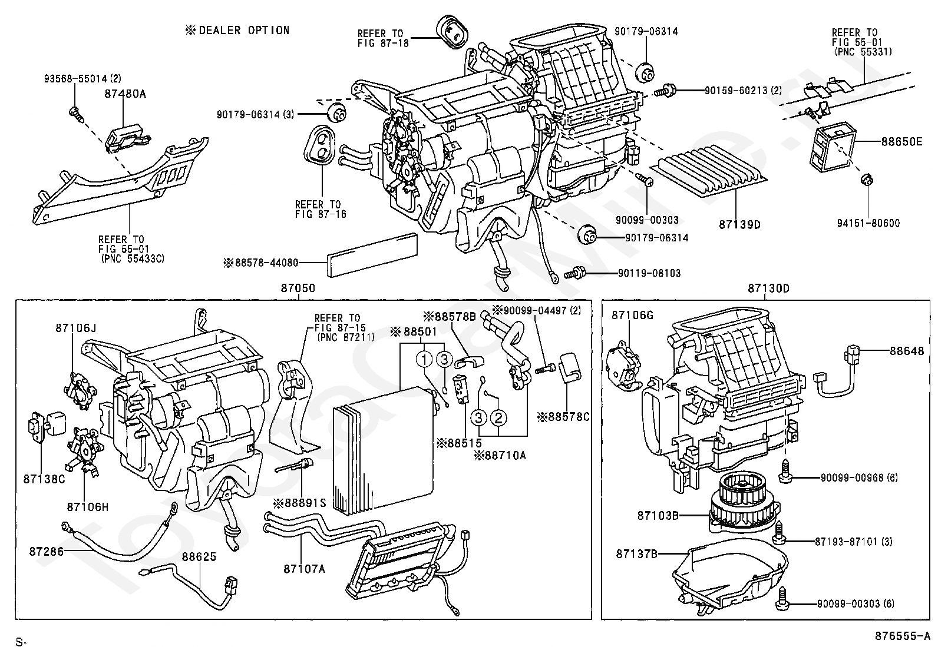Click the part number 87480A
(x=125, y=94)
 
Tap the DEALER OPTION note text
(x=237, y=30)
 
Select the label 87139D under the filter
(x=739, y=225)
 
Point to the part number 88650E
(x=901, y=141)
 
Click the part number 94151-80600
(x=868, y=223)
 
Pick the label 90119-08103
(x=649, y=273)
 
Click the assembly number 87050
(x=298, y=288)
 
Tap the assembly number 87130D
(x=768, y=288)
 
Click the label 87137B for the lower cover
(x=636, y=554)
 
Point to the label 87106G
(x=632, y=315)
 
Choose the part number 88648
(x=907, y=351)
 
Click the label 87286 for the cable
(x=46, y=551)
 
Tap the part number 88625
(x=199, y=556)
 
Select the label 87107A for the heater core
(x=305, y=569)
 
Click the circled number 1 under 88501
(x=424, y=359)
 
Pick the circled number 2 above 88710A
(x=498, y=417)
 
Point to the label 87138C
(x=44, y=479)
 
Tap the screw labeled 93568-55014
(x=75, y=113)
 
